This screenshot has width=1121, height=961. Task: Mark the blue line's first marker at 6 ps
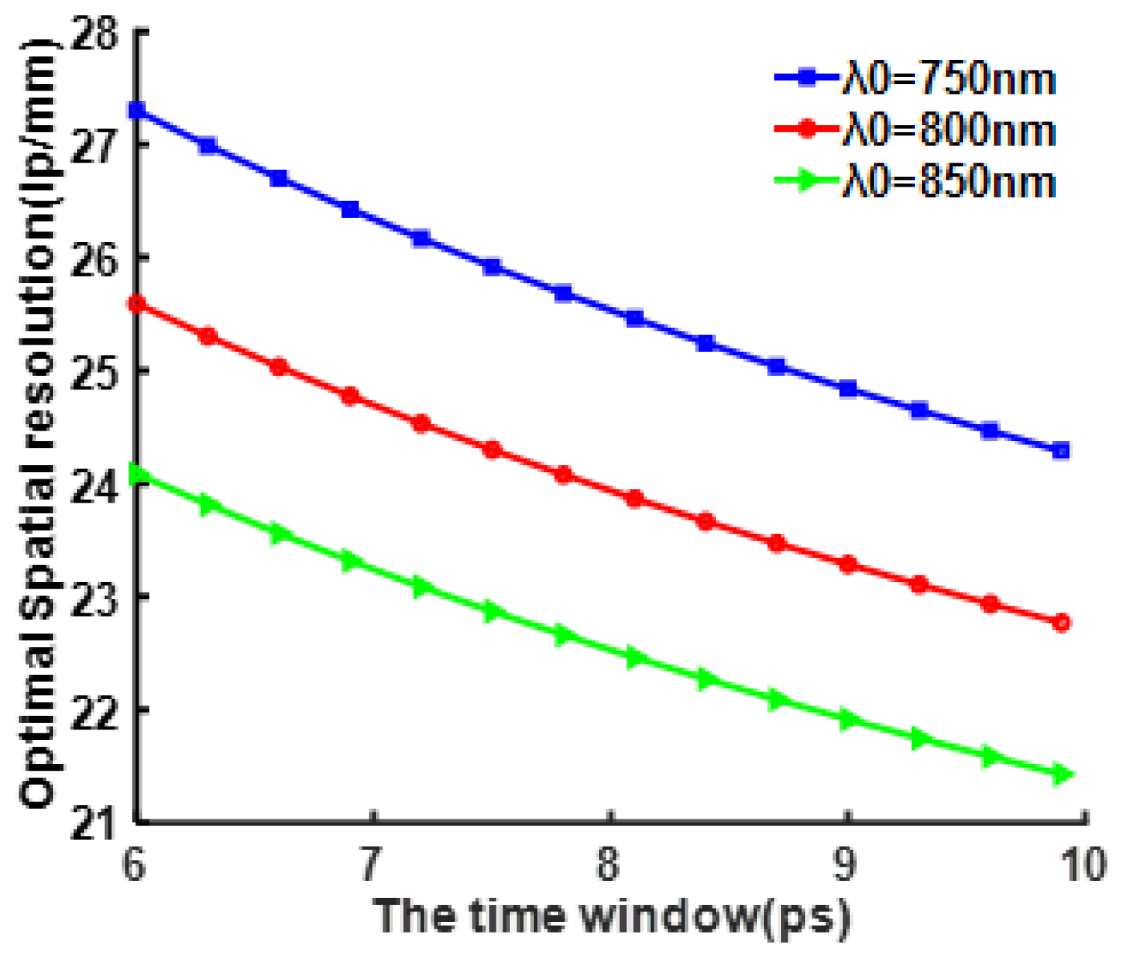click(137, 110)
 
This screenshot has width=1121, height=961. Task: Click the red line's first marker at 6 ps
click(137, 303)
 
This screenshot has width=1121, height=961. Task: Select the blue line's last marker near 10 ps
click(1061, 450)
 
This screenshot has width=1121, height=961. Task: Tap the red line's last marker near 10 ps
click(1061, 622)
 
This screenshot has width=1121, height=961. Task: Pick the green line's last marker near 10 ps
click(1061, 774)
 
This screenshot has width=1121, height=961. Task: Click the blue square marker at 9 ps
click(848, 388)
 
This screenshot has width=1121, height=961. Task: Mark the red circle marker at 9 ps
click(848, 564)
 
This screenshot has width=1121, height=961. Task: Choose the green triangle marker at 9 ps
click(848, 720)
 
